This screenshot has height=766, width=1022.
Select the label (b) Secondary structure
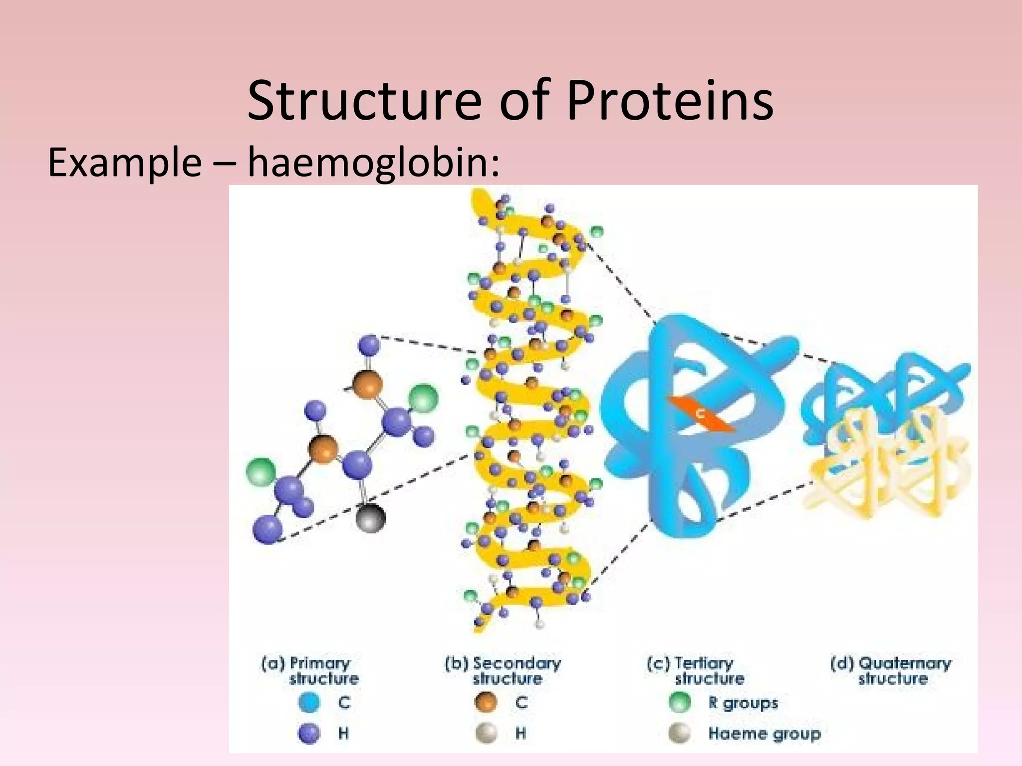(503, 671)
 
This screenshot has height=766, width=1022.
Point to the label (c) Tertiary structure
(696, 671)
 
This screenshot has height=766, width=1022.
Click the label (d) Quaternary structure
(891, 671)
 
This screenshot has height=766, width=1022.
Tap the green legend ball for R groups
(679, 702)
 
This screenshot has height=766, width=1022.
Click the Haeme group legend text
(764, 733)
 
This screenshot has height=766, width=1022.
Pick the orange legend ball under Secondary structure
(486, 702)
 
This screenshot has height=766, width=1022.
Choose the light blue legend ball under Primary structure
(309, 702)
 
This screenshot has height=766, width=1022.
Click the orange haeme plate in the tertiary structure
(701, 414)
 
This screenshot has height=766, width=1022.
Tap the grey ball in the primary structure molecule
(370, 518)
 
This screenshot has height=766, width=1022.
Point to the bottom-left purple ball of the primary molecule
(267, 529)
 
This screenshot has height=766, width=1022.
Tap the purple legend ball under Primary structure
(309, 733)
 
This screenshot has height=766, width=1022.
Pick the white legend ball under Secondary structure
(486, 733)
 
